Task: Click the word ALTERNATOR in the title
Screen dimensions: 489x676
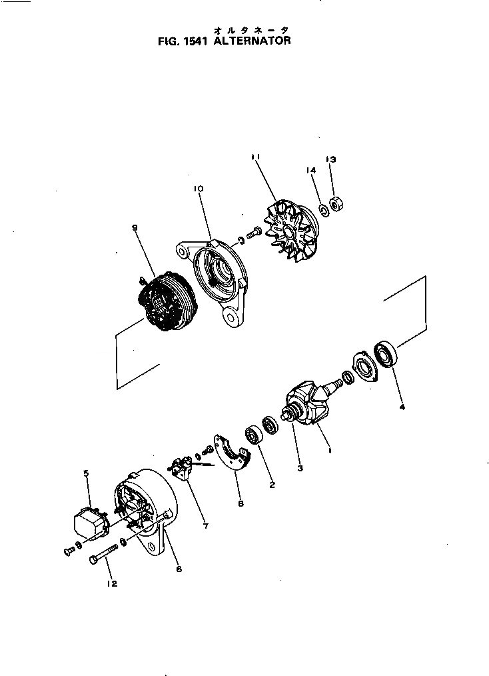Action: (x=252, y=41)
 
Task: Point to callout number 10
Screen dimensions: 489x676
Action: (x=199, y=189)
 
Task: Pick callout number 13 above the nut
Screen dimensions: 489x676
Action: (x=331, y=159)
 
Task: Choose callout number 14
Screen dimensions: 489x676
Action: (x=311, y=170)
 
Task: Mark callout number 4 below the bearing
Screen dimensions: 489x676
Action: (x=402, y=406)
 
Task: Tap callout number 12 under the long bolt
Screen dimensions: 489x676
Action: (x=111, y=584)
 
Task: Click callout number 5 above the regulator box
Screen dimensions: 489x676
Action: (x=86, y=473)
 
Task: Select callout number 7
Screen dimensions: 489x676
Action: (x=205, y=526)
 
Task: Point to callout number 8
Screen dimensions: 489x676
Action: (x=241, y=503)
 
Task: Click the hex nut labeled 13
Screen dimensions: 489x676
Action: (x=336, y=203)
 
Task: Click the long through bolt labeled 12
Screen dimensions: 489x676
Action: (x=103, y=553)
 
